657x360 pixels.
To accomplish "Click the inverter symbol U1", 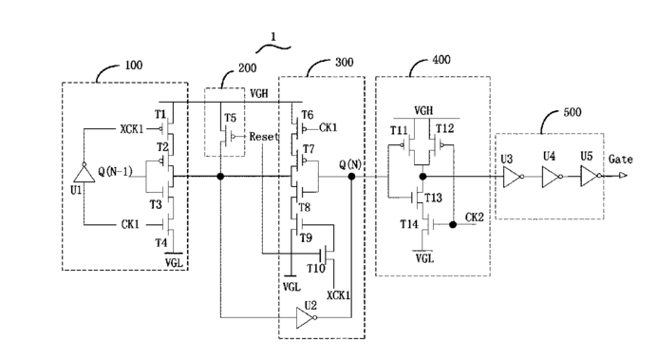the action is (84, 173).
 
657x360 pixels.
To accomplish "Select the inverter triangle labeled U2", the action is (306, 317).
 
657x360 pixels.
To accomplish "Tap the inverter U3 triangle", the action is (513, 177).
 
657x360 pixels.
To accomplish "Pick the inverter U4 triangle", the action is (552, 177).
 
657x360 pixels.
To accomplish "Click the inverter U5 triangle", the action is (591, 176).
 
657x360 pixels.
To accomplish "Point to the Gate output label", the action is (621, 160).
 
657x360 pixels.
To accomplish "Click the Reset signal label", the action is (264, 136).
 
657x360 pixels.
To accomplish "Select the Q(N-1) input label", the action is (115, 171).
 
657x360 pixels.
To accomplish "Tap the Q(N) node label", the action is (350, 164).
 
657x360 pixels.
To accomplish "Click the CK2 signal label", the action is (475, 218).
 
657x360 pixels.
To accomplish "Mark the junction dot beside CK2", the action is (453, 224).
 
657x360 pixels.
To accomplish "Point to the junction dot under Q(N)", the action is (351, 177).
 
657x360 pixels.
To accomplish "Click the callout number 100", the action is (134, 65).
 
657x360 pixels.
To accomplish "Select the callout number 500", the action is (572, 112).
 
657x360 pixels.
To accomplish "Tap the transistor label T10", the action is (315, 268).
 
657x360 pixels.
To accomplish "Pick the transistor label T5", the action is (230, 118).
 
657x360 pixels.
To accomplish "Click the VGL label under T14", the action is (425, 258).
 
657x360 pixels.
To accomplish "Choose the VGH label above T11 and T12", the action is (423, 110).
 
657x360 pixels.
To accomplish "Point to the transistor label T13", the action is (433, 198).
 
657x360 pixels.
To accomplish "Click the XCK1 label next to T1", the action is (132, 129).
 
